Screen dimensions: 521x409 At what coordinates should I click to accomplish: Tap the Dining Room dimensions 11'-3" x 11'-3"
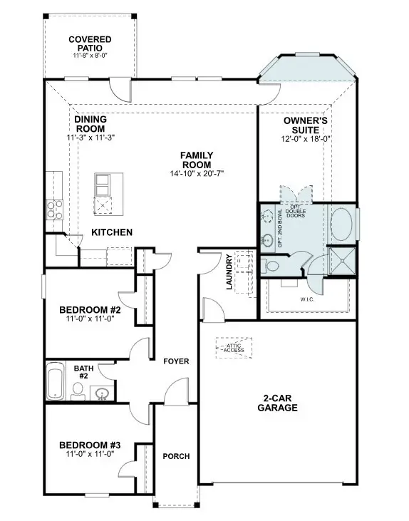click(x=90, y=137)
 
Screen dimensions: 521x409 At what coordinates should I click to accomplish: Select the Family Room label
click(x=197, y=160)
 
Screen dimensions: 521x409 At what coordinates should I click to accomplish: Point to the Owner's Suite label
click(x=305, y=126)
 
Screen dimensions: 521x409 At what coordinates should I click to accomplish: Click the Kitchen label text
click(x=112, y=232)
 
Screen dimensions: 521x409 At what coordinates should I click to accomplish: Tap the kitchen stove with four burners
click(x=55, y=208)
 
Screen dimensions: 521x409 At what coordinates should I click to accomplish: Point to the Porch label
click(x=176, y=456)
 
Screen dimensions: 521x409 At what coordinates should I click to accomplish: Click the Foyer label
click(x=176, y=361)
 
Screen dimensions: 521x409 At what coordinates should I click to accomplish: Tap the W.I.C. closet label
click(x=307, y=299)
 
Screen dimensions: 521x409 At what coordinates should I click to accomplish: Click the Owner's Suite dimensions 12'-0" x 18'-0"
click(x=305, y=140)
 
